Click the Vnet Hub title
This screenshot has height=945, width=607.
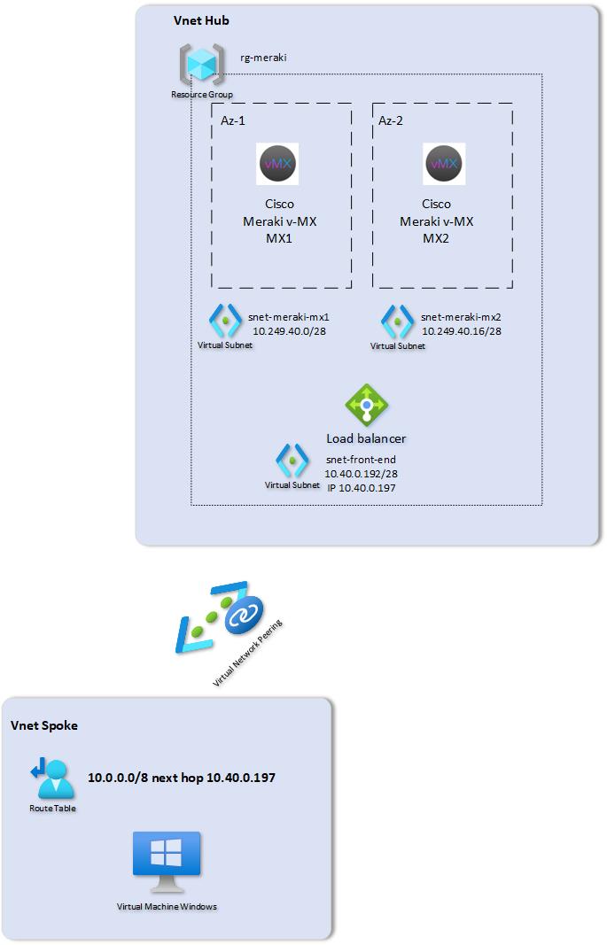coord(201,20)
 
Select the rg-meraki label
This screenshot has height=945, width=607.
coord(263,58)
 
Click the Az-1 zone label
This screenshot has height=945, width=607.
coord(234,120)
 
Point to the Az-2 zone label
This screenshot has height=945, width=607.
coord(391,120)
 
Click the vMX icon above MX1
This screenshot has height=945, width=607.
coord(278,164)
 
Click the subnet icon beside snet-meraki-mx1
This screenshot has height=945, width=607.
coord(225,321)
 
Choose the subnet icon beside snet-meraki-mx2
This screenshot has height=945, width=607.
coord(397,321)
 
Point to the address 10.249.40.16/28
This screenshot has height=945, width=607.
coord(461,330)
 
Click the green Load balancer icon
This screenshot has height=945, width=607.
coord(366,406)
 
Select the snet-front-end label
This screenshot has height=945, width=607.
coord(361,459)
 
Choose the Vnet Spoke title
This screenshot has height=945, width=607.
coord(43,725)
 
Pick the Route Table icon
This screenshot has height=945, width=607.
coord(51,777)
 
